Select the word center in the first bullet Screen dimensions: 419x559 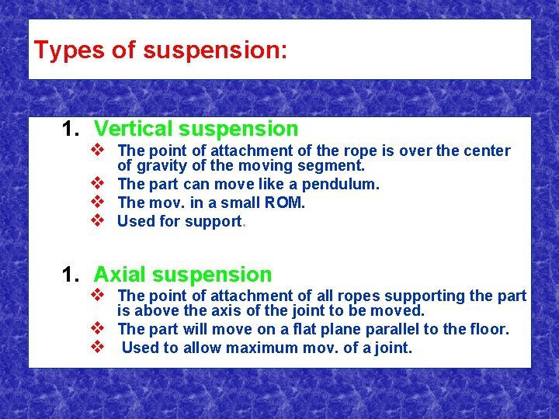pyautogui.click(x=484, y=151)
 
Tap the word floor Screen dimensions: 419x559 pyautogui.click(x=490, y=330)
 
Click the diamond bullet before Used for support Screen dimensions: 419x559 pyautogui.click(x=98, y=221)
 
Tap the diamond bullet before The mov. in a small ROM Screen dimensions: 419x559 pyautogui.click(x=98, y=203)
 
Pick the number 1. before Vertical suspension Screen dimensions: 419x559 pyautogui.click(x=71, y=129)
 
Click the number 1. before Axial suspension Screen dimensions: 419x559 pyautogui.click(x=71, y=275)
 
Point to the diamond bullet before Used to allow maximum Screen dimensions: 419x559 pyautogui.click(x=98, y=347)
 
